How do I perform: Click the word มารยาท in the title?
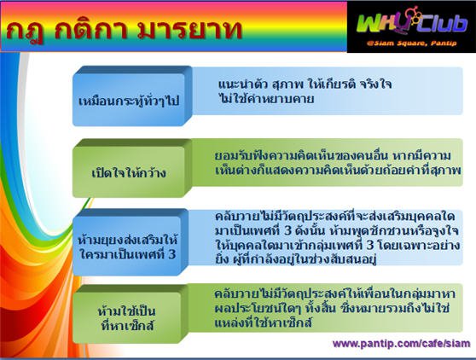coord(189,30)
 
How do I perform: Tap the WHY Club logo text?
coord(411,23)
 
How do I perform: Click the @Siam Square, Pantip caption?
coord(411,44)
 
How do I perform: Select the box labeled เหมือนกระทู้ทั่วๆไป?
coord(132,96)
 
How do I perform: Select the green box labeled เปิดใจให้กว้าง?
coord(132,168)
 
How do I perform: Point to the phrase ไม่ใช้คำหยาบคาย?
coord(266,99)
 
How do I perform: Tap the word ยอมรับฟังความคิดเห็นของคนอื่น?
coord(301,156)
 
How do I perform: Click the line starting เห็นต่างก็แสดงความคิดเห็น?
coord(338,171)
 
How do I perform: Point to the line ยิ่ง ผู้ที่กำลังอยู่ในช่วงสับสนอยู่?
coord(295,259)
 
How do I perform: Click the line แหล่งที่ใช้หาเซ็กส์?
coord(264,322)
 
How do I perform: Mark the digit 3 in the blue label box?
coord(171,254)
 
